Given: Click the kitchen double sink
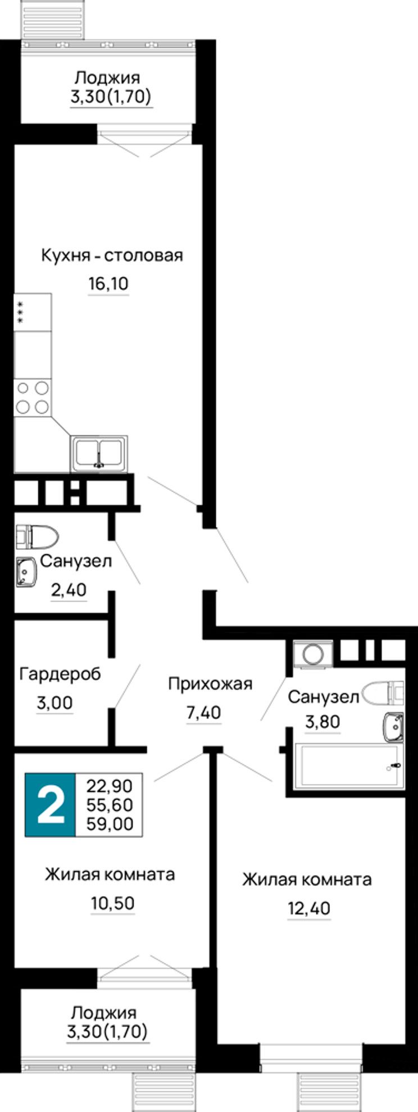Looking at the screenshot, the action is click(99, 453).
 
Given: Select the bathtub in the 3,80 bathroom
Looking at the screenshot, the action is click(351, 765).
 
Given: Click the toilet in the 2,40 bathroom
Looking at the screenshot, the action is click(37, 537).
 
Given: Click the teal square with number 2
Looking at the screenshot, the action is click(50, 805).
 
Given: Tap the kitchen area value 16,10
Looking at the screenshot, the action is click(108, 284).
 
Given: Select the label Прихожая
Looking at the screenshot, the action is click(210, 684).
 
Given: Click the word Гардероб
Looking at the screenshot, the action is click(60, 673).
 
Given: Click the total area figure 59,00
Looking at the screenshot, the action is click(110, 823).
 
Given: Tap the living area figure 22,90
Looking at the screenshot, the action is click(110, 786).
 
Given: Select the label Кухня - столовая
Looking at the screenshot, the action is click(112, 256).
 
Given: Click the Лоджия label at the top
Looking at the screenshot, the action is click(107, 78).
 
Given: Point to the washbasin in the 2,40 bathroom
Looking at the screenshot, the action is click(26, 572).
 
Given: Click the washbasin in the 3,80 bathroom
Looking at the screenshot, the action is click(393, 726).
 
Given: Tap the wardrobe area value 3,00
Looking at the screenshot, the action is click(55, 703).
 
